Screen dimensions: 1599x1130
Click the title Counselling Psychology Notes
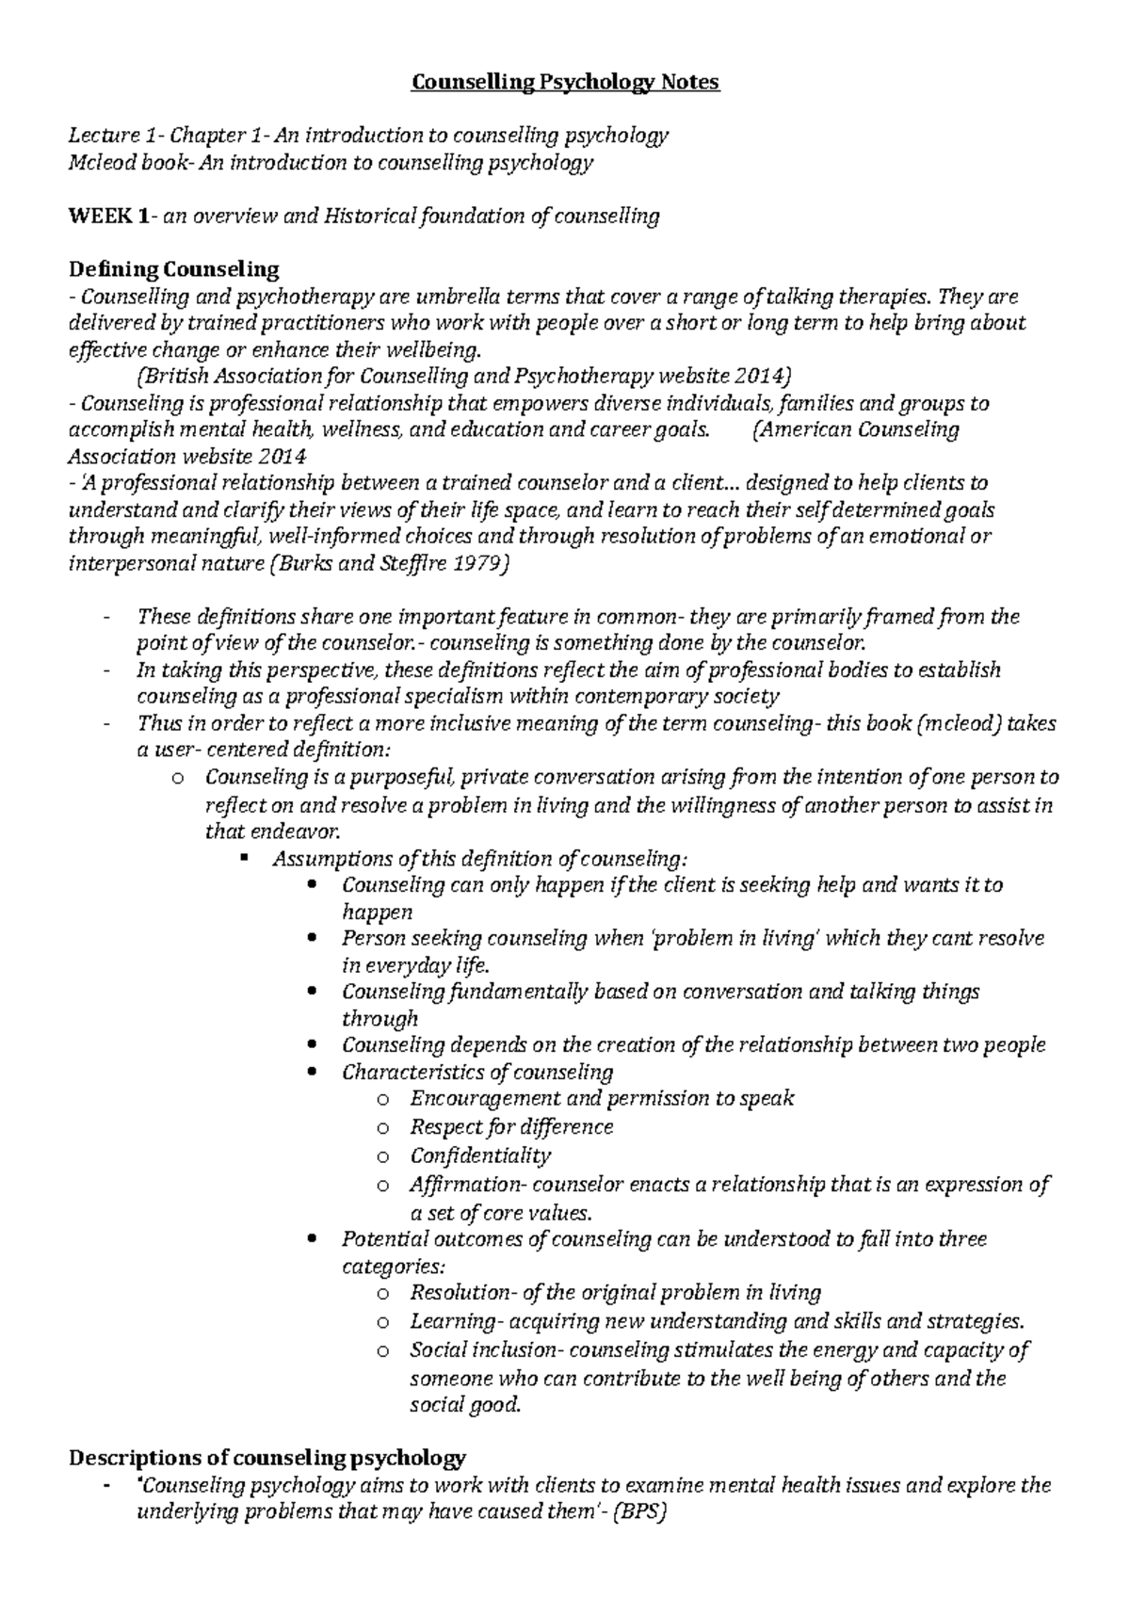(x=565, y=83)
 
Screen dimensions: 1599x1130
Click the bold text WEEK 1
(x=107, y=217)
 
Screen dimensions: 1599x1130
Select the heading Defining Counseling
(x=175, y=269)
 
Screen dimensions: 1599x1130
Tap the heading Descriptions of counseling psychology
(x=268, y=1459)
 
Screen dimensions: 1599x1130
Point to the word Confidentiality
(x=480, y=1155)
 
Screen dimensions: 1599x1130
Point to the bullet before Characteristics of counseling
(x=313, y=1074)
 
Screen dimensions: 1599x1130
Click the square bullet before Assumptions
(x=244, y=859)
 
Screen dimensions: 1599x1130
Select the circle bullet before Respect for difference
(x=381, y=1128)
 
